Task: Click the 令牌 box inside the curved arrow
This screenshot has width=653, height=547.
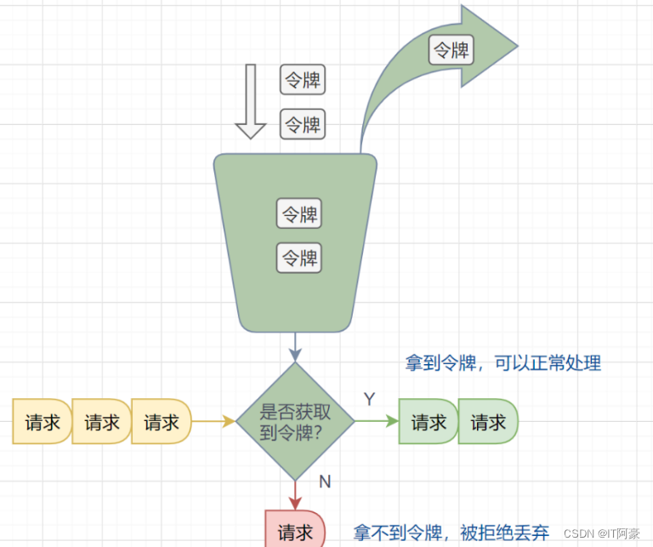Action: pos(451,49)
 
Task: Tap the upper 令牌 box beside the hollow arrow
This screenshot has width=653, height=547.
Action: pos(303,81)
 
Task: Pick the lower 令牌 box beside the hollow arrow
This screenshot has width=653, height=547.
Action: pos(303,125)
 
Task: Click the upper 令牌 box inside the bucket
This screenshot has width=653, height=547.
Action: pos(299,213)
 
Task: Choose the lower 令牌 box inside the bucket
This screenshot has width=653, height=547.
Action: pos(299,257)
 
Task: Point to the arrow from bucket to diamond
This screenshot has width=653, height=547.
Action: pos(295,346)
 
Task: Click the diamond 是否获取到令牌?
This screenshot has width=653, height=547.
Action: pos(295,422)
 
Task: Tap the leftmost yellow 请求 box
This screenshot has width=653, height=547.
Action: pos(41,422)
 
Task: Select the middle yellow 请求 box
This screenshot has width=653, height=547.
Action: pos(101,422)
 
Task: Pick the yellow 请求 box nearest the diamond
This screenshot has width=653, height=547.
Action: pos(161,422)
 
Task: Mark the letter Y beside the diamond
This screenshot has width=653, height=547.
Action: pos(370,399)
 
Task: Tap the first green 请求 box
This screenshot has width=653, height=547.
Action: pos(429,422)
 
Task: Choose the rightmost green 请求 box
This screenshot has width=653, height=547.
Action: pos(488,422)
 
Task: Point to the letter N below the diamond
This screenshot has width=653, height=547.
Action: pos(325,481)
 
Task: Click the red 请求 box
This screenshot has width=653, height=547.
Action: pos(294,532)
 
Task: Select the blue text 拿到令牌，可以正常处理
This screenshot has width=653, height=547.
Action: pos(503,363)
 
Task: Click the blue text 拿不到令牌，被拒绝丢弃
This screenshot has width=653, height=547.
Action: pos(451,533)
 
